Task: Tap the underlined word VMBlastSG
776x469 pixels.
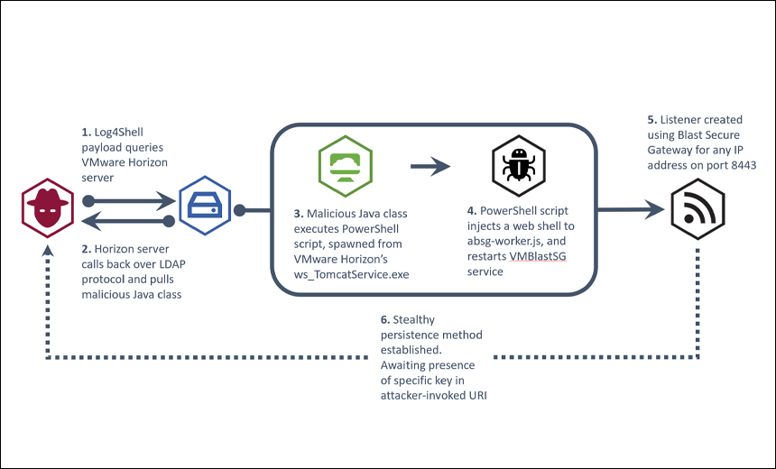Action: (x=539, y=257)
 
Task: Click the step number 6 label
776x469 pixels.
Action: (x=385, y=318)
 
